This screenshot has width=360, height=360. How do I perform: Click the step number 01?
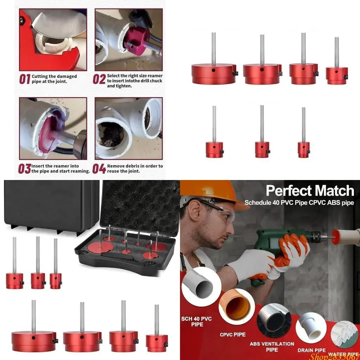pos(25,79)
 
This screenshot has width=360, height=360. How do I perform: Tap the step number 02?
pos(99,79)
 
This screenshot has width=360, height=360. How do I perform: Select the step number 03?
pos(25,169)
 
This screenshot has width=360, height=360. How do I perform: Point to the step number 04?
pos(99,169)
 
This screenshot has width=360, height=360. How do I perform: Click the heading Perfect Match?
pos(310,191)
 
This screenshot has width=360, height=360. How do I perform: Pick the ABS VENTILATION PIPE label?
pos(272,347)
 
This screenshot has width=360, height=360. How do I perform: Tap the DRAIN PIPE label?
pos(311,350)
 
